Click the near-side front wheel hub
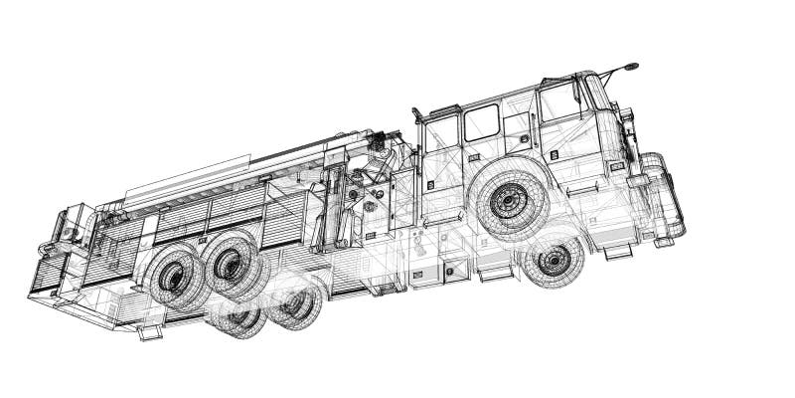(511, 203)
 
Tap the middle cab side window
(482, 122)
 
